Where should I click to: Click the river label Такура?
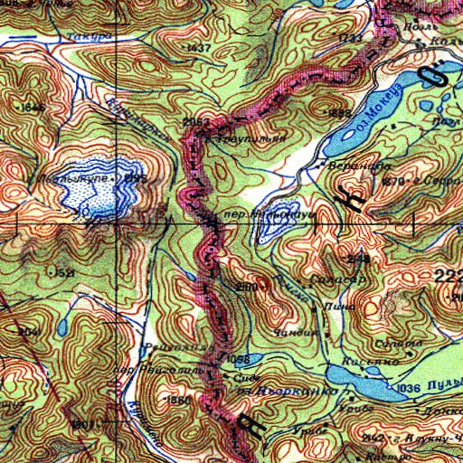tap(85, 37)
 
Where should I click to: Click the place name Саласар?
tap(336, 280)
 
